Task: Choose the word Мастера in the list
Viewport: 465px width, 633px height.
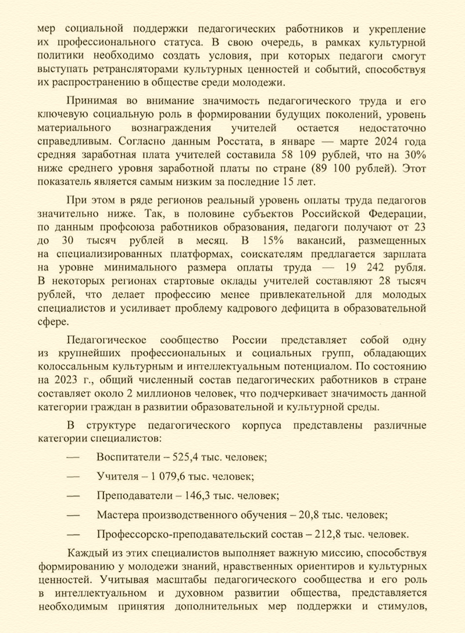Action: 117,515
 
